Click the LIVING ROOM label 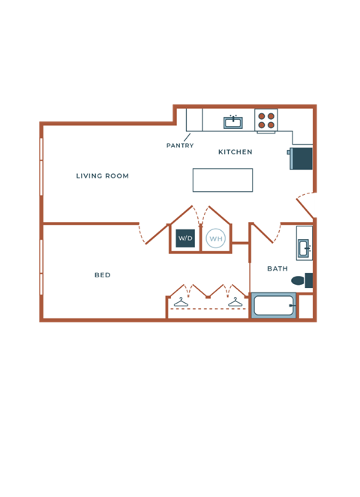point(102,176)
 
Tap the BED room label point(103,275)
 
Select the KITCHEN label point(235,152)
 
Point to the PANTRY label point(180,145)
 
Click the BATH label point(277,268)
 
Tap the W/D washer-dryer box point(185,238)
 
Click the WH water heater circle point(216,239)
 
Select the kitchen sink point(233,121)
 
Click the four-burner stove point(266,120)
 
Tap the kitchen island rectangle point(223,180)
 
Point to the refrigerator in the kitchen point(301,159)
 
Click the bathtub point(273,305)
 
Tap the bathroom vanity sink point(304,247)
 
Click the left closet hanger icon point(181,302)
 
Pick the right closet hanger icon point(235,302)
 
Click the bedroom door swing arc point(142,234)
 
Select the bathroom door point(263,232)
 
